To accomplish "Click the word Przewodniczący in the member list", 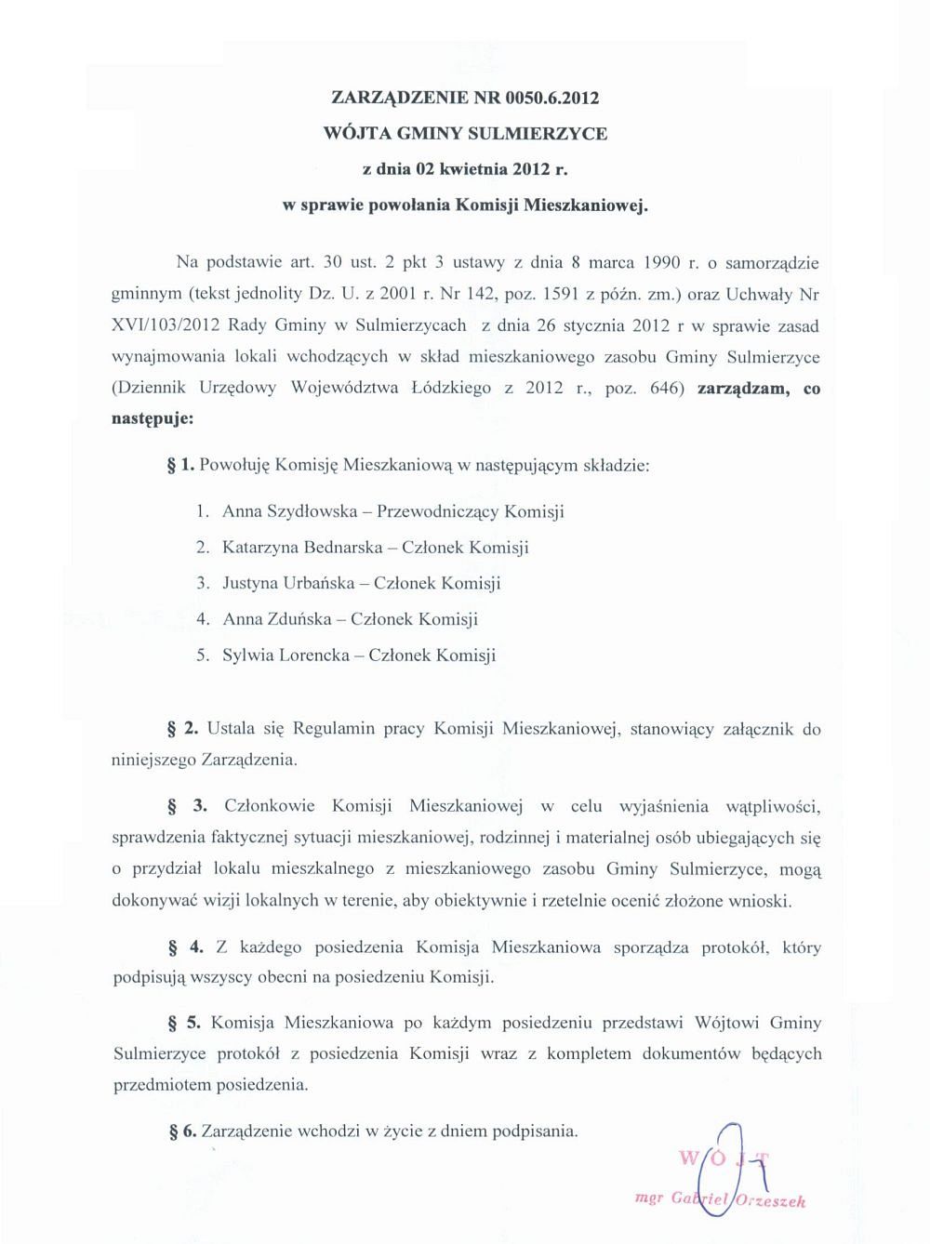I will pos(439,511).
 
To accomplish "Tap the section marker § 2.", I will pos(183,728).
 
